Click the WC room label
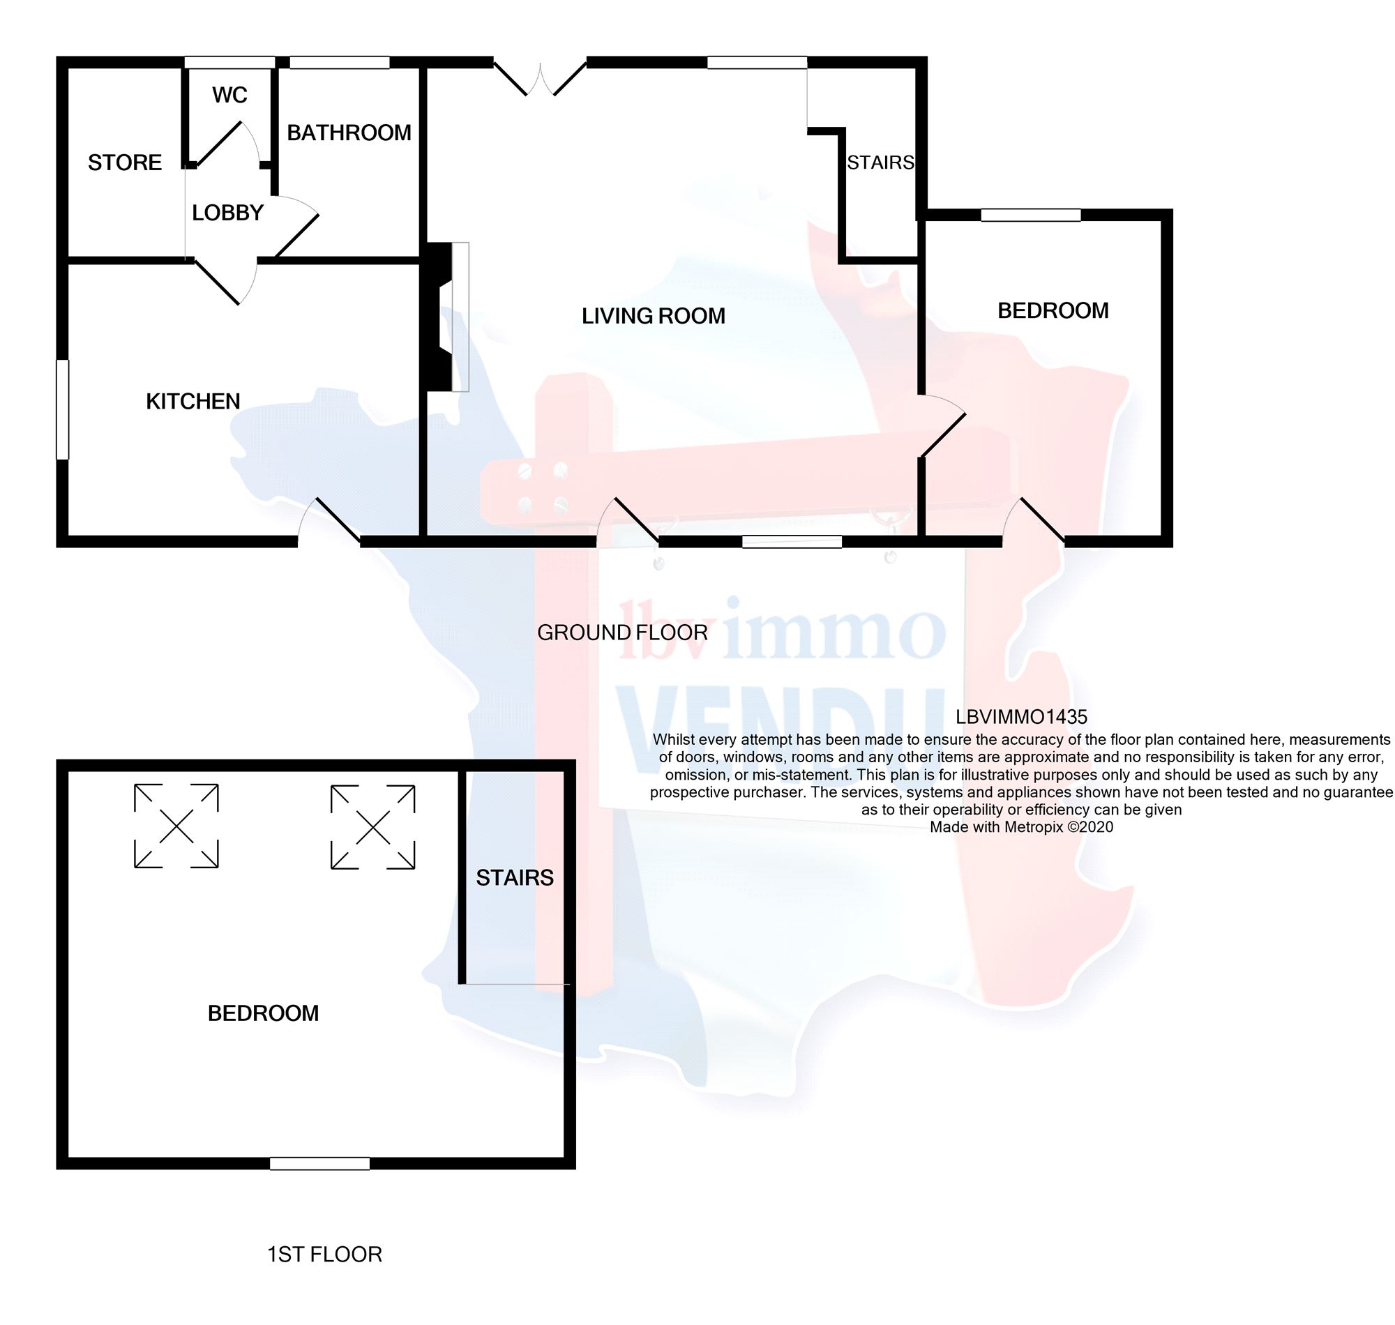[x=229, y=95]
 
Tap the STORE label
[x=124, y=162]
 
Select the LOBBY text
[x=227, y=213]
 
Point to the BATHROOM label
[x=349, y=132]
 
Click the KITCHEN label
[x=193, y=401]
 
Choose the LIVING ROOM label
[x=654, y=316]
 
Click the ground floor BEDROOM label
[x=1053, y=310]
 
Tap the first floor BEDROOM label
[x=263, y=1013]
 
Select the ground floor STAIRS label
[x=880, y=162]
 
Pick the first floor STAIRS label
[x=514, y=878]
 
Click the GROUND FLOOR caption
[x=622, y=633]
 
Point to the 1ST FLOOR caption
[x=324, y=1255]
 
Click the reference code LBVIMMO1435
[x=1020, y=717]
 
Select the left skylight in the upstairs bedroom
[x=176, y=826]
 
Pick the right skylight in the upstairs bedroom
[x=373, y=826]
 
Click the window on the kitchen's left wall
[x=63, y=409]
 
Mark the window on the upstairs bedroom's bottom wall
[x=319, y=1163]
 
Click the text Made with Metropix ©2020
[x=1020, y=827]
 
